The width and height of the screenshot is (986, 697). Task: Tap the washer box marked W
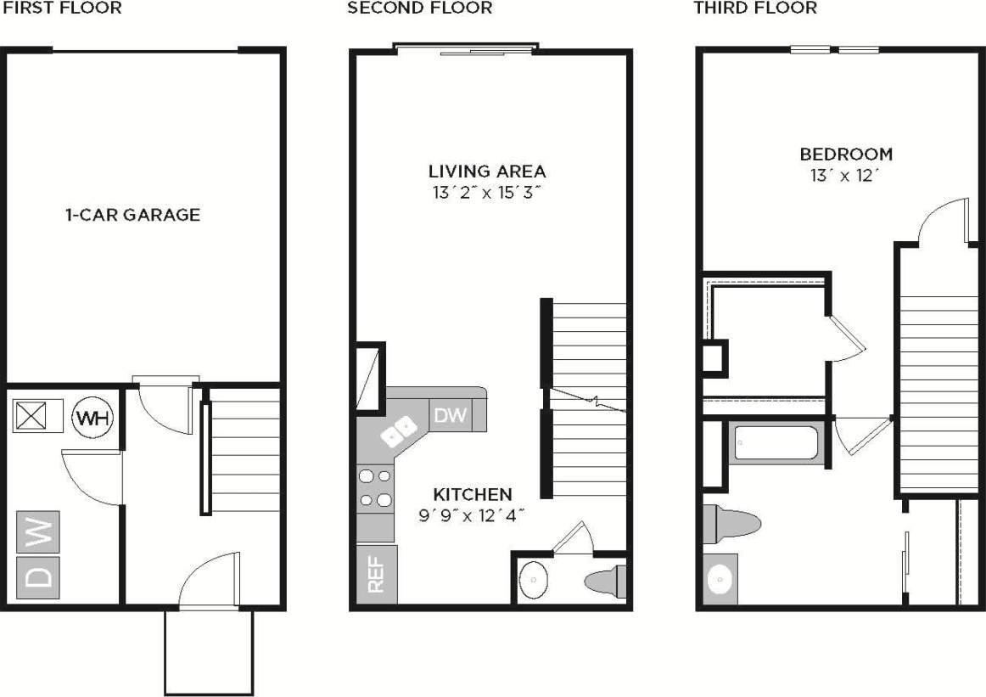38,532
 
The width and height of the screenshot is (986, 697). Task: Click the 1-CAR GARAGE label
132,215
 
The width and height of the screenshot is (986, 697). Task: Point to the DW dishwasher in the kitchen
451,415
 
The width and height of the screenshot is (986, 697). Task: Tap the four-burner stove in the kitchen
376,488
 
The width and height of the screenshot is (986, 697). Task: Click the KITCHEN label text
473,494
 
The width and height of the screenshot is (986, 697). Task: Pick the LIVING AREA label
487,171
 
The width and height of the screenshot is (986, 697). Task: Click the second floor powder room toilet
604,582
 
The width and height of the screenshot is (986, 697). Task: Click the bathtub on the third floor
776,442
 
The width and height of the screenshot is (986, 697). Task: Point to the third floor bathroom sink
719,580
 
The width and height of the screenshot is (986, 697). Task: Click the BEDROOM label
846,155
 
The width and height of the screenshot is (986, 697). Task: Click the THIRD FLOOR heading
755,8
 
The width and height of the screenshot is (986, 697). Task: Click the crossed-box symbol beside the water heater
34,417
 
